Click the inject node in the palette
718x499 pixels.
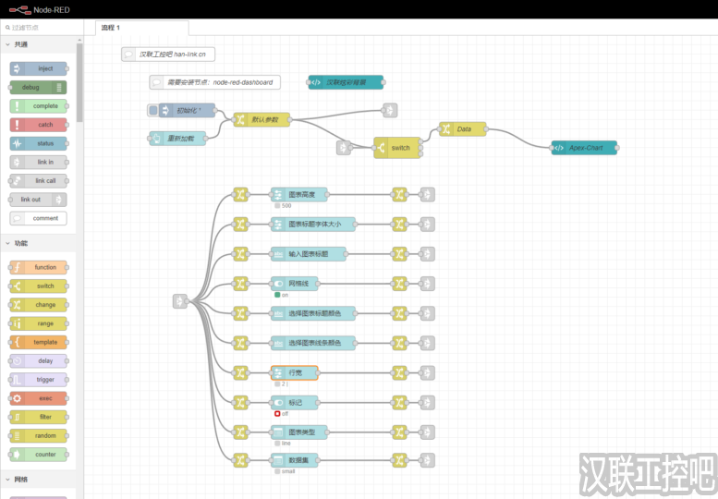(39, 68)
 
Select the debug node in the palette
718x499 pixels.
(39, 87)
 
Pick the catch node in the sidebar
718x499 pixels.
(39, 125)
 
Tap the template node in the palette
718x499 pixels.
(39, 342)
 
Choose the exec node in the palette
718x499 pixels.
(39, 398)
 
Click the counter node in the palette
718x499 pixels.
(39, 455)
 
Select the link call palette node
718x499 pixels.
(39, 180)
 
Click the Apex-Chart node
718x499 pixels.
(584, 148)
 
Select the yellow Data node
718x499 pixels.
(463, 129)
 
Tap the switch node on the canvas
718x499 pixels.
(396, 148)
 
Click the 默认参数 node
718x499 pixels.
(262, 119)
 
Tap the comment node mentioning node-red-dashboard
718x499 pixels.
(214, 82)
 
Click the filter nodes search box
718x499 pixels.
(42, 28)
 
